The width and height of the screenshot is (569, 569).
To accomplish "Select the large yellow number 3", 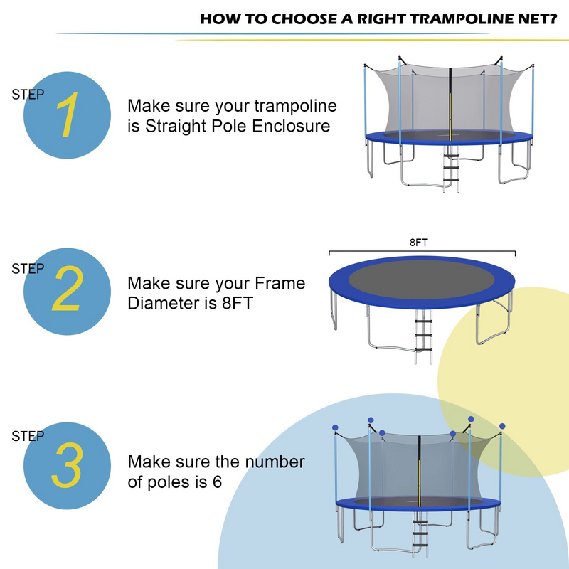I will pos(66,466).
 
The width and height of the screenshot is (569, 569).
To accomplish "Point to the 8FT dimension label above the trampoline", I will pos(418,243).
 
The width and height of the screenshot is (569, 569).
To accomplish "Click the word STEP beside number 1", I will pos(28,94).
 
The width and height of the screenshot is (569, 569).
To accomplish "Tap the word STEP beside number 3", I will pos(28,436).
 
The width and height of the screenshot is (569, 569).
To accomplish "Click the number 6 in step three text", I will pos(217,482).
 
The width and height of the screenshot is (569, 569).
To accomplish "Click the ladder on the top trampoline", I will pos(450,169).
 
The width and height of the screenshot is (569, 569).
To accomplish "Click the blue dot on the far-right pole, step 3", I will pos(502,426).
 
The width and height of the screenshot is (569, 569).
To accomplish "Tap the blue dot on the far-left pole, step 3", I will pos(335,428).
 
